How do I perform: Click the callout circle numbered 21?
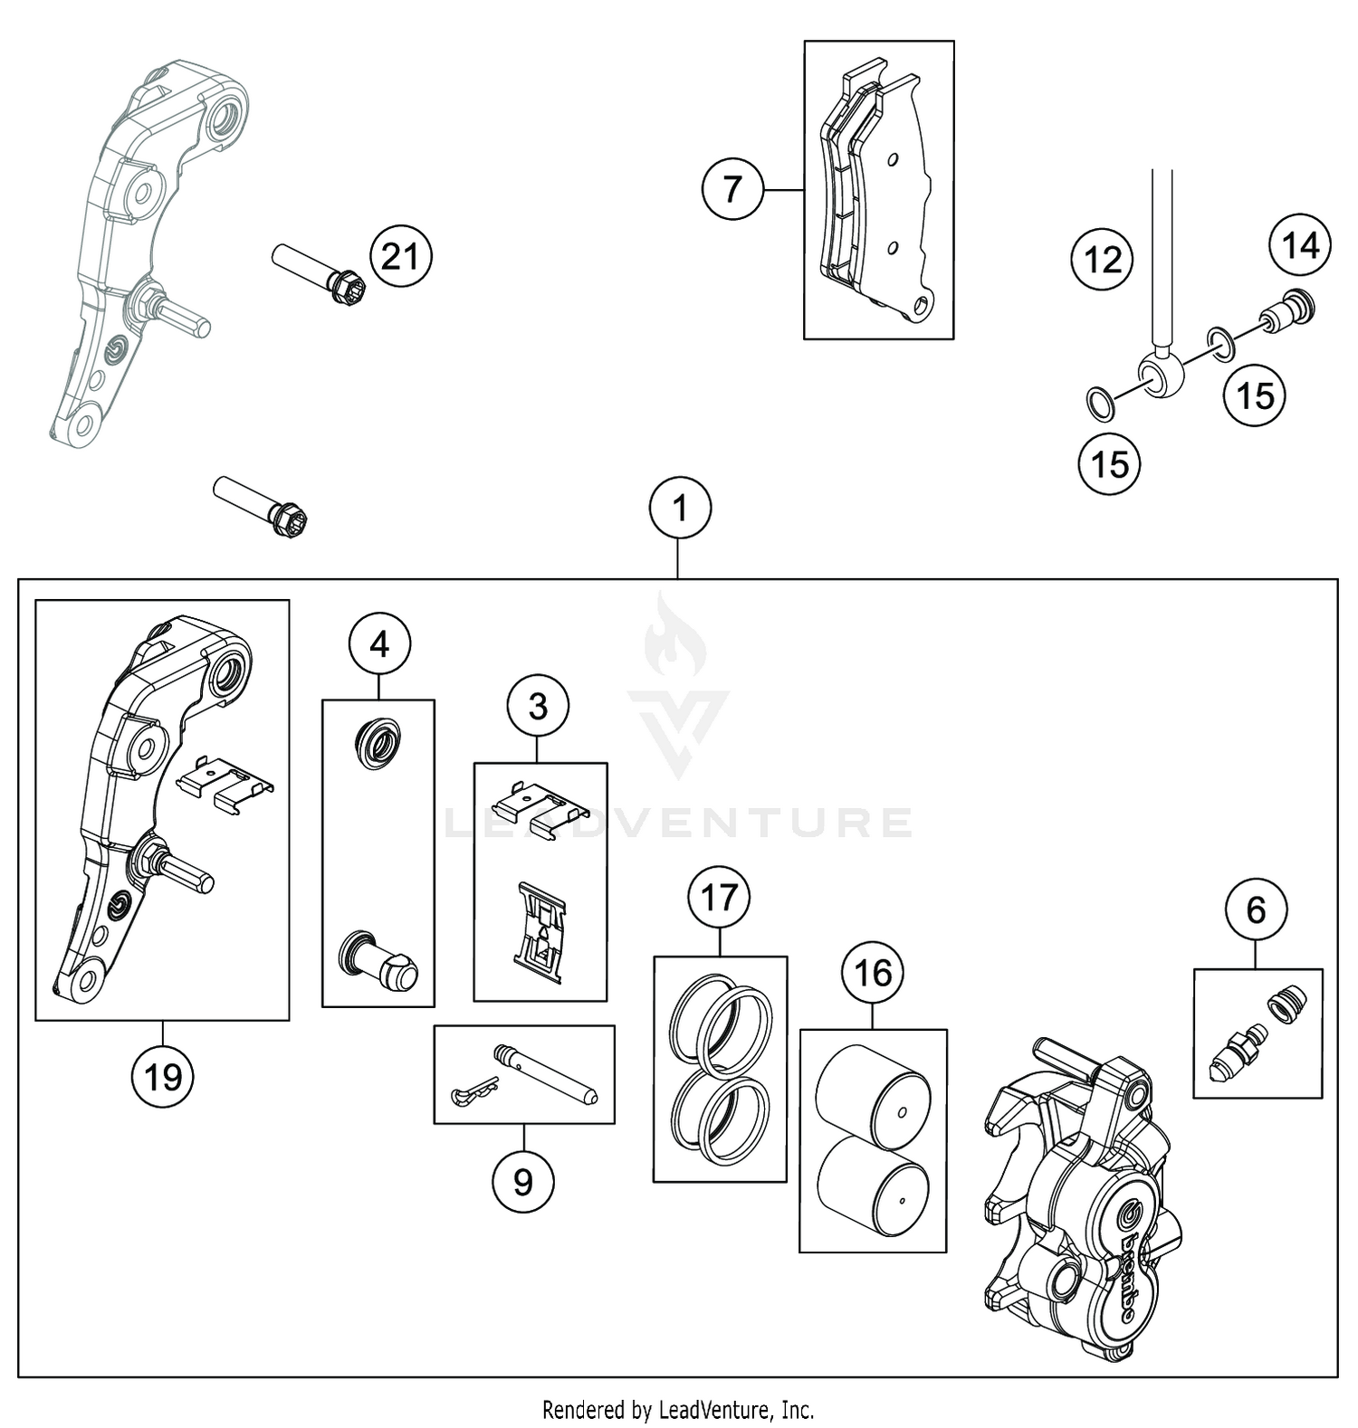(x=401, y=257)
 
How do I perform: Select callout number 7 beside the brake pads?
(x=732, y=190)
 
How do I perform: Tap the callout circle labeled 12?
(x=1102, y=261)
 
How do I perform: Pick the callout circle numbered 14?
(x=1300, y=244)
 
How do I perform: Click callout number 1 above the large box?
(x=680, y=509)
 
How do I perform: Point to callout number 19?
(x=163, y=1077)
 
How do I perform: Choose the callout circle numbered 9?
(x=522, y=1182)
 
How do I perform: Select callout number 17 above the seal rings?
(x=720, y=899)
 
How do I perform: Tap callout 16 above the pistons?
(x=873, y=973)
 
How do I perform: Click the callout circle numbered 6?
(x=1256, y=909)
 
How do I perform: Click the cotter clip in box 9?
(x=473, y=1091)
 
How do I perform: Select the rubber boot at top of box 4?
(x=378, y=746)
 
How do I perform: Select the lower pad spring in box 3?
(x=540, y=932)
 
